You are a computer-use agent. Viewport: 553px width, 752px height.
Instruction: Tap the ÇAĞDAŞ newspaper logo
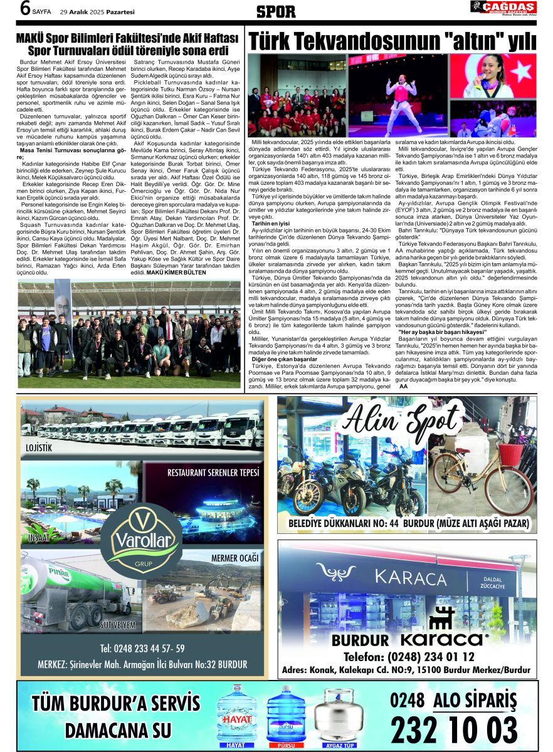[503, 8]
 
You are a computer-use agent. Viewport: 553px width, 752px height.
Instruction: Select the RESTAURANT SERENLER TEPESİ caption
[213, 472]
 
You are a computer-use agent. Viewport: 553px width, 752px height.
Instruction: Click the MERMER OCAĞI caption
[234, 558]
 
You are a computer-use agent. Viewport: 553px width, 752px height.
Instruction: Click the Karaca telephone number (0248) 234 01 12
[409, 657]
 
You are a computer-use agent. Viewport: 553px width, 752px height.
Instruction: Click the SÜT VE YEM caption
[118, 625]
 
